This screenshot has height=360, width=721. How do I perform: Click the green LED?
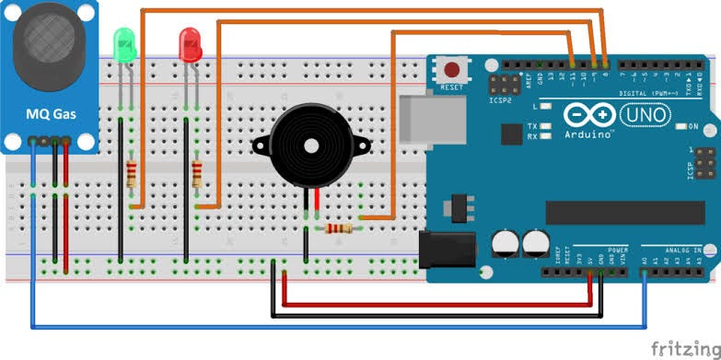122,43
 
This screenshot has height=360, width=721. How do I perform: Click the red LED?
191,43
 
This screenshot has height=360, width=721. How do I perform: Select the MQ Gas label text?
51,115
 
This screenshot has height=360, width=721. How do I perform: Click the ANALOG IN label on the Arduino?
683,250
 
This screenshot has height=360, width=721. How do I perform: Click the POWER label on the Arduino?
617,250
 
